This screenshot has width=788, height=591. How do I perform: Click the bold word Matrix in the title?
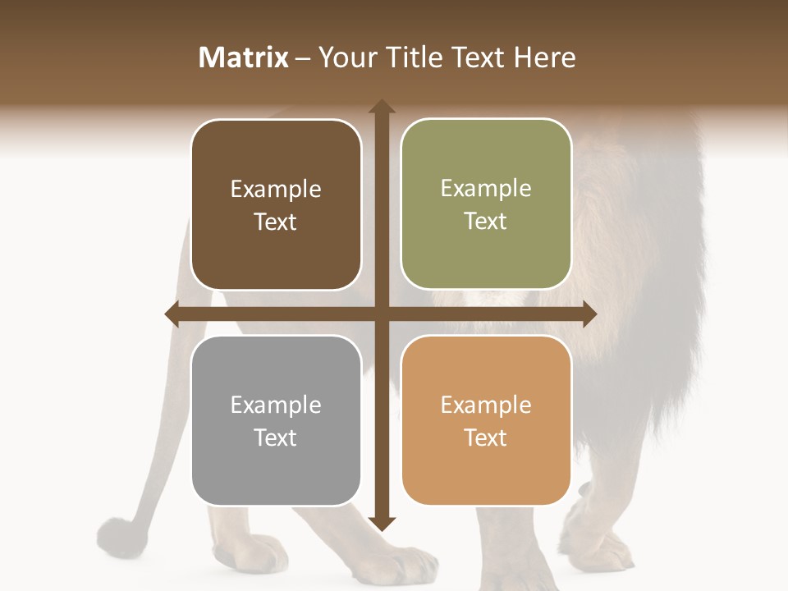pos(244,57)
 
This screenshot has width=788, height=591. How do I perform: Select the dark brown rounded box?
pos(276,204)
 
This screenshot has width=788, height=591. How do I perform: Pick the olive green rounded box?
pos(486,204)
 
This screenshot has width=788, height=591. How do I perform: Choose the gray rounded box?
pos(276,420)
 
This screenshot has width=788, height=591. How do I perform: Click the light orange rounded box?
pos(486,420)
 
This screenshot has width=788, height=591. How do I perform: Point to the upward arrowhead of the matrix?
pos(381,108)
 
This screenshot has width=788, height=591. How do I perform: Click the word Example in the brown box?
pos(276,190)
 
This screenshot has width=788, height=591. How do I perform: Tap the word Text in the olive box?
pos(485,222)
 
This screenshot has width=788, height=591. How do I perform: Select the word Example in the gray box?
pos(276,405)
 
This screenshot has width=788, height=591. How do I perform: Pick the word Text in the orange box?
pos(485,438)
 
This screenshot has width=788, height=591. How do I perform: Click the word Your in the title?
pos(345,57)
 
